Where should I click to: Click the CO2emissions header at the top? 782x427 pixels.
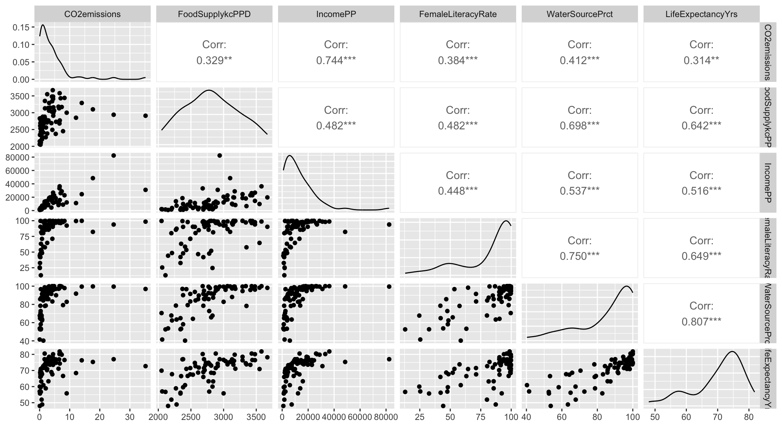pos(92,14)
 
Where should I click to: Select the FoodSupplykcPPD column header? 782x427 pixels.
pos(214,14)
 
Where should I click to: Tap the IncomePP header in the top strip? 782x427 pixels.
pos(336,14)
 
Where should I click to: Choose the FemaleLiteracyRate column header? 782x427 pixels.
pos(458,14)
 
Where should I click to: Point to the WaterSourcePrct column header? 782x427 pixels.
pos(579,14)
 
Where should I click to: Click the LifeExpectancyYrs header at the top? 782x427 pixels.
pos(701,14)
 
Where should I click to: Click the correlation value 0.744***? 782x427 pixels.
pos(336,60)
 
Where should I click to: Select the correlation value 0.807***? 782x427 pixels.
pos(701,321)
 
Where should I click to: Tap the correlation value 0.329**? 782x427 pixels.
pos(214,60)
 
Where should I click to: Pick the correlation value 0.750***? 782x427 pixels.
pos(579,256)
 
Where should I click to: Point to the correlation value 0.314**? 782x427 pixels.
pos(701,60)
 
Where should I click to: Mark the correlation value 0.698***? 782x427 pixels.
pos(579,126)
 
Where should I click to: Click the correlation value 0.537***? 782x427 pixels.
pos(579,191)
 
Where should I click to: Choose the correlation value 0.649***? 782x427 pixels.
pos(701,256)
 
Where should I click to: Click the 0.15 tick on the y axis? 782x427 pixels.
pos(21,27)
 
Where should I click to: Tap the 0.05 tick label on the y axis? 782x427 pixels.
pos(21,62)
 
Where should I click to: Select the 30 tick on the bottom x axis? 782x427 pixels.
pos(130,417)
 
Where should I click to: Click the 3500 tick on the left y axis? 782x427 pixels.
pos(21,96)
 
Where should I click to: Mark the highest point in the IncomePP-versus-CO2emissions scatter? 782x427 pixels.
pos(114,155)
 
